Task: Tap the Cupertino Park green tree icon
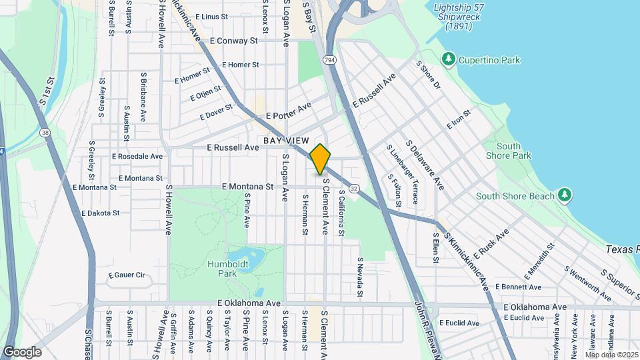point(449,59)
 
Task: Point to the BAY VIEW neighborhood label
point(286,141)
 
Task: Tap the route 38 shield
point(45,133)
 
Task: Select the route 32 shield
point(353,189)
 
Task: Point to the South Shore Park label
point(513,151)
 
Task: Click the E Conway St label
point(233,41)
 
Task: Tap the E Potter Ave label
point(289,111)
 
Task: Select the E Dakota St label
point(100,213)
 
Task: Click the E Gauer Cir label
point(125,275)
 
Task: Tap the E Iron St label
point(459,119)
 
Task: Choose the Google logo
point(22,351)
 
